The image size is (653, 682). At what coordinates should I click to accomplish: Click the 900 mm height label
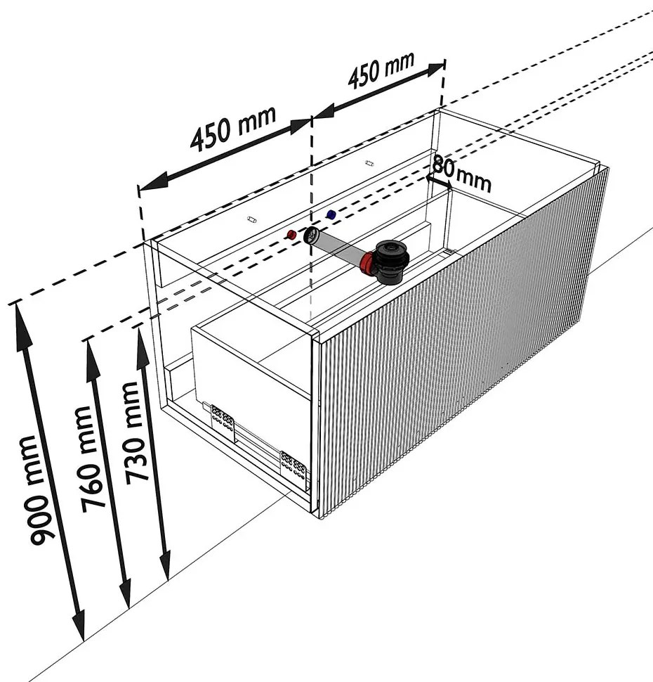click(x=44, y=490)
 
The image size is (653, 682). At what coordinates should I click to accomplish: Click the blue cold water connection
click(x=331, y=213)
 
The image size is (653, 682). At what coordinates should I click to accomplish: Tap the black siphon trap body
click(x=388, y=260)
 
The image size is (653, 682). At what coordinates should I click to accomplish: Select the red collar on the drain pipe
click(x=367, y=264)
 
